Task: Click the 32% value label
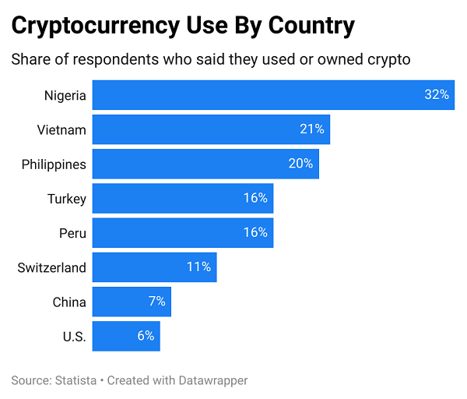point(437,95)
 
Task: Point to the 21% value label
point(312,129)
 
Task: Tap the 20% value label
point(300,164)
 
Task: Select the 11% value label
point(198,267)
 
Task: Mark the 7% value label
point(157,302)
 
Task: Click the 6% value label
point(146,337)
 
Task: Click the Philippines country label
point(54,164)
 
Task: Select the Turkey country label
point(67,199)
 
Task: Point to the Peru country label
point(72,233)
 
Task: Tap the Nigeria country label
point(65,95)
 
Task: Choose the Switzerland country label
point(51,267)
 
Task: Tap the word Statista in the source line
point(75,380)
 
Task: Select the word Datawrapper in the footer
point(210,380)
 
